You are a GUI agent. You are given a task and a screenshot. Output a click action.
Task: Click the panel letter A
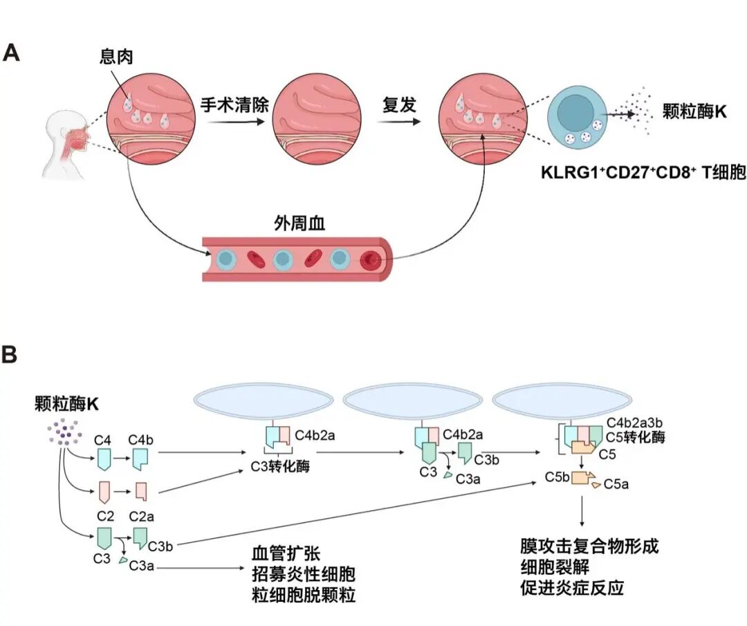(x=12, y=53)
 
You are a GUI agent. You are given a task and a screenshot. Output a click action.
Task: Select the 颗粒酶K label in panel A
(x=694, y=111)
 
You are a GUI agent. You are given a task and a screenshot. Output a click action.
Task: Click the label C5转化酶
(x=635, y=438)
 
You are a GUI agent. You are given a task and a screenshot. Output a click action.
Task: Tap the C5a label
(x=616, y=484)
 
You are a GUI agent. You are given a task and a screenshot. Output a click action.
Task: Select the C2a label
(x=142, y=517)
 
